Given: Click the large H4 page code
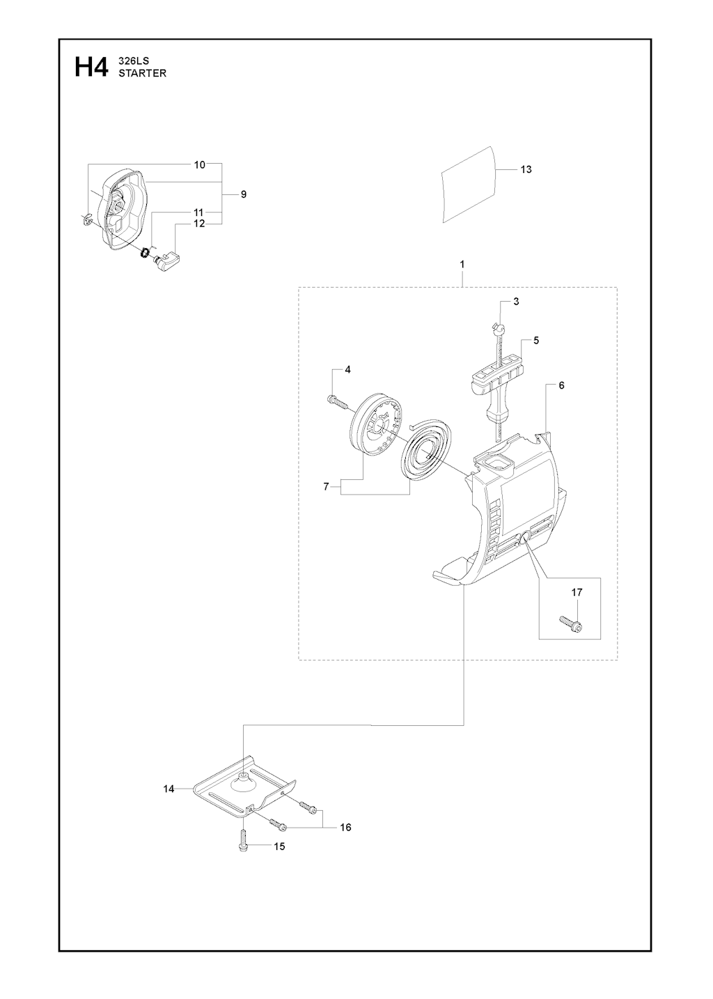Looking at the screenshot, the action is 91,68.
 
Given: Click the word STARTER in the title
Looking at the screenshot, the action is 142,74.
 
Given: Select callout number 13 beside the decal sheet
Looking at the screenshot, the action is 526,169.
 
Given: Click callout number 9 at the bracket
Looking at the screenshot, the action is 243,194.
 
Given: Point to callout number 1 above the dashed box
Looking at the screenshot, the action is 462,265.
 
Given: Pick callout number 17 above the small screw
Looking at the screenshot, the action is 577,592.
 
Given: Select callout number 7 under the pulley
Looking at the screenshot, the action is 326,487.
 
